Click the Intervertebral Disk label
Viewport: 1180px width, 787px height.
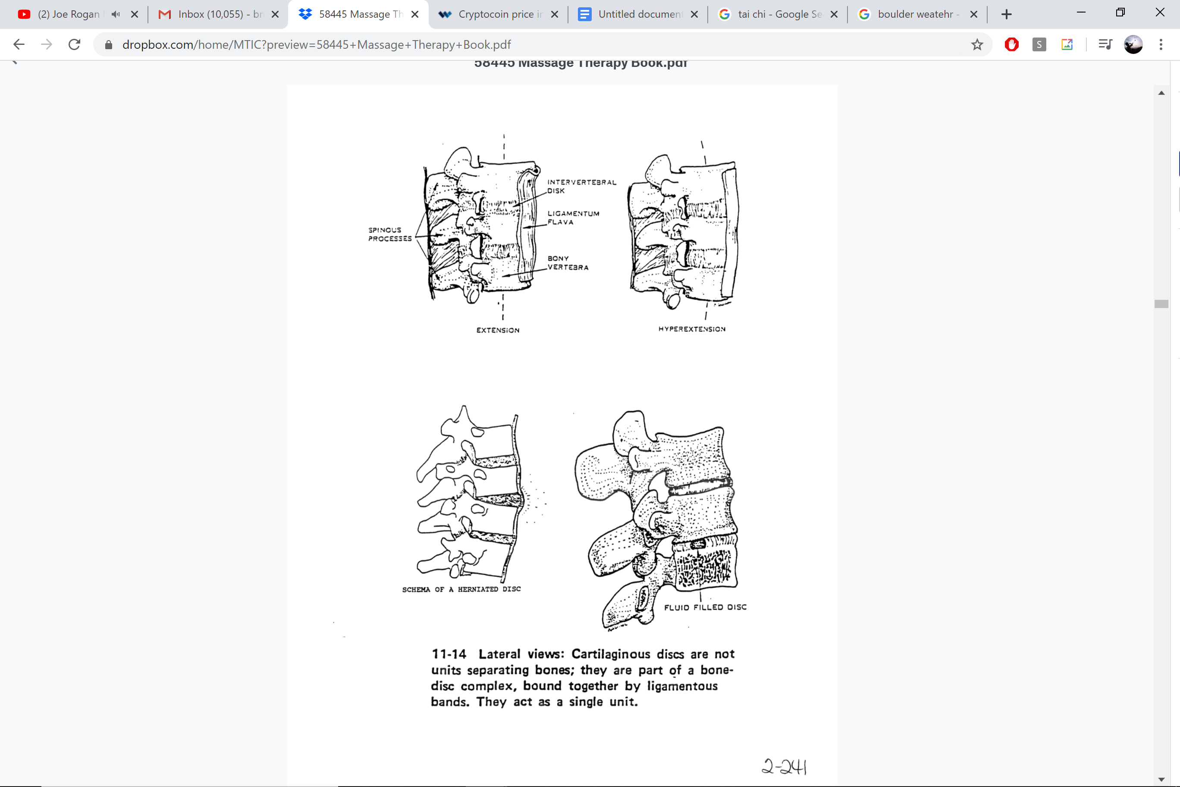click(x=581, y=186)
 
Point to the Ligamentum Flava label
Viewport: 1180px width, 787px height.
click(x=573, y=217)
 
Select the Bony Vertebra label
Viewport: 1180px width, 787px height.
click(x=568, y=262)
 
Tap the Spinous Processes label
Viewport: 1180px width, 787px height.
click(x=390, y=234)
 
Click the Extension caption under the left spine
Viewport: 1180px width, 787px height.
click(x=498, y=330)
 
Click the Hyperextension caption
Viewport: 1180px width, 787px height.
click(x=691, y=329)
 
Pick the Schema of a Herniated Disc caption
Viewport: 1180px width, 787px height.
click(x=461, y=589)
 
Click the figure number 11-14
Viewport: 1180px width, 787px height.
click(x=449, y=654)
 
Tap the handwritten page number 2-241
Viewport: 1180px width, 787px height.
click(x=784, y=766)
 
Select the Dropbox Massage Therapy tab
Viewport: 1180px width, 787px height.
click(x=360, y=14)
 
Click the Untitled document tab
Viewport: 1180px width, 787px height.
click(x=639, y=14)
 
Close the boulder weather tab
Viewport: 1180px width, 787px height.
click(x=973, y=14)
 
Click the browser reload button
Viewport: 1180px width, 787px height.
click(x=74, y=45)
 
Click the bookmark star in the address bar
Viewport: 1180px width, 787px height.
click(x=976, y=45)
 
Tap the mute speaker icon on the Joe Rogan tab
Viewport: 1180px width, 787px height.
click(x=116, y=14)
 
